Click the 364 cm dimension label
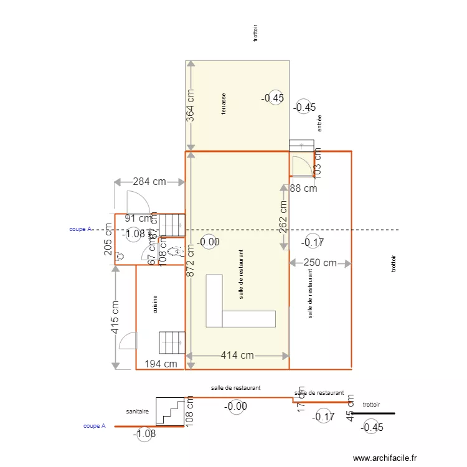point(191,105)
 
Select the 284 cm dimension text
point(149,182)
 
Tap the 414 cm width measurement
point(237,355)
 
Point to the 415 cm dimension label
point(115,317)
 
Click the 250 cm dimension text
point(320,263)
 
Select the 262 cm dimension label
point(283,216)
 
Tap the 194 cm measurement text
point(160,364)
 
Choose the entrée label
point(319,123)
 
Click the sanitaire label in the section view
point(137,412)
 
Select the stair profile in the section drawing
point(170,411)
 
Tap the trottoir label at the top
point(255,33)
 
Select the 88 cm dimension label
point(303,188)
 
